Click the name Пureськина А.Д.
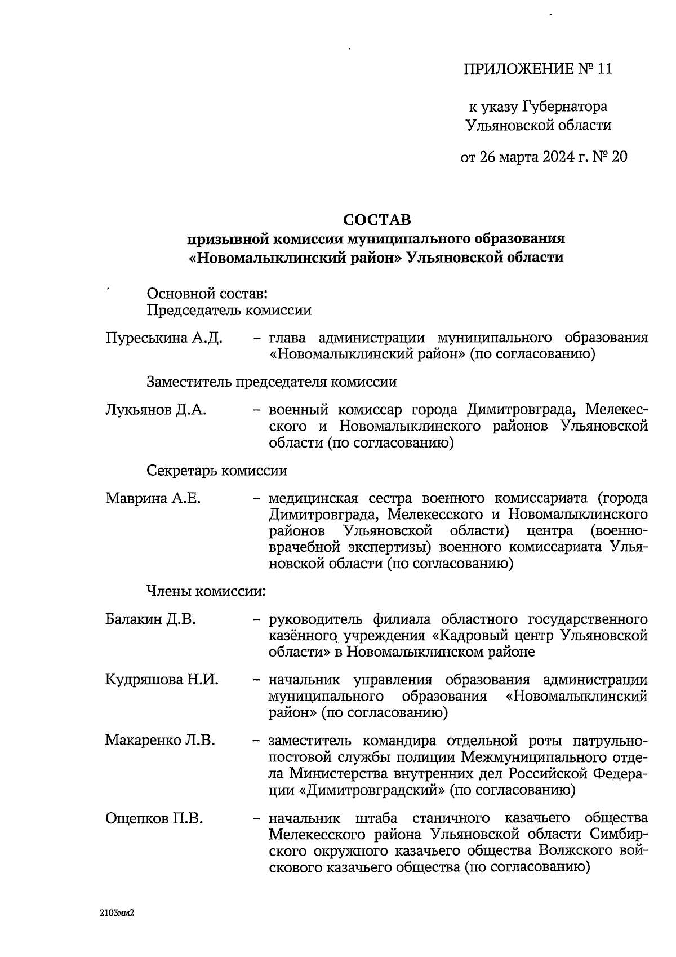[163, 338]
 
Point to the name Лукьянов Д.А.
[155, 410]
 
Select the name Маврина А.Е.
[153, 499]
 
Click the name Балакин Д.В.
[150, 619]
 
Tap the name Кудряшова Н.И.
[162, 680]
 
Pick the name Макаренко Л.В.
[160, 740]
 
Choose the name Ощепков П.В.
[154, 818]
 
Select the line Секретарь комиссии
[217, 471]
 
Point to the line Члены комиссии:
[206, 591]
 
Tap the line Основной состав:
[206, 294]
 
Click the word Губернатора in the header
[564, 107]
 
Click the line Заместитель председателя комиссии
[272, 382]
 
